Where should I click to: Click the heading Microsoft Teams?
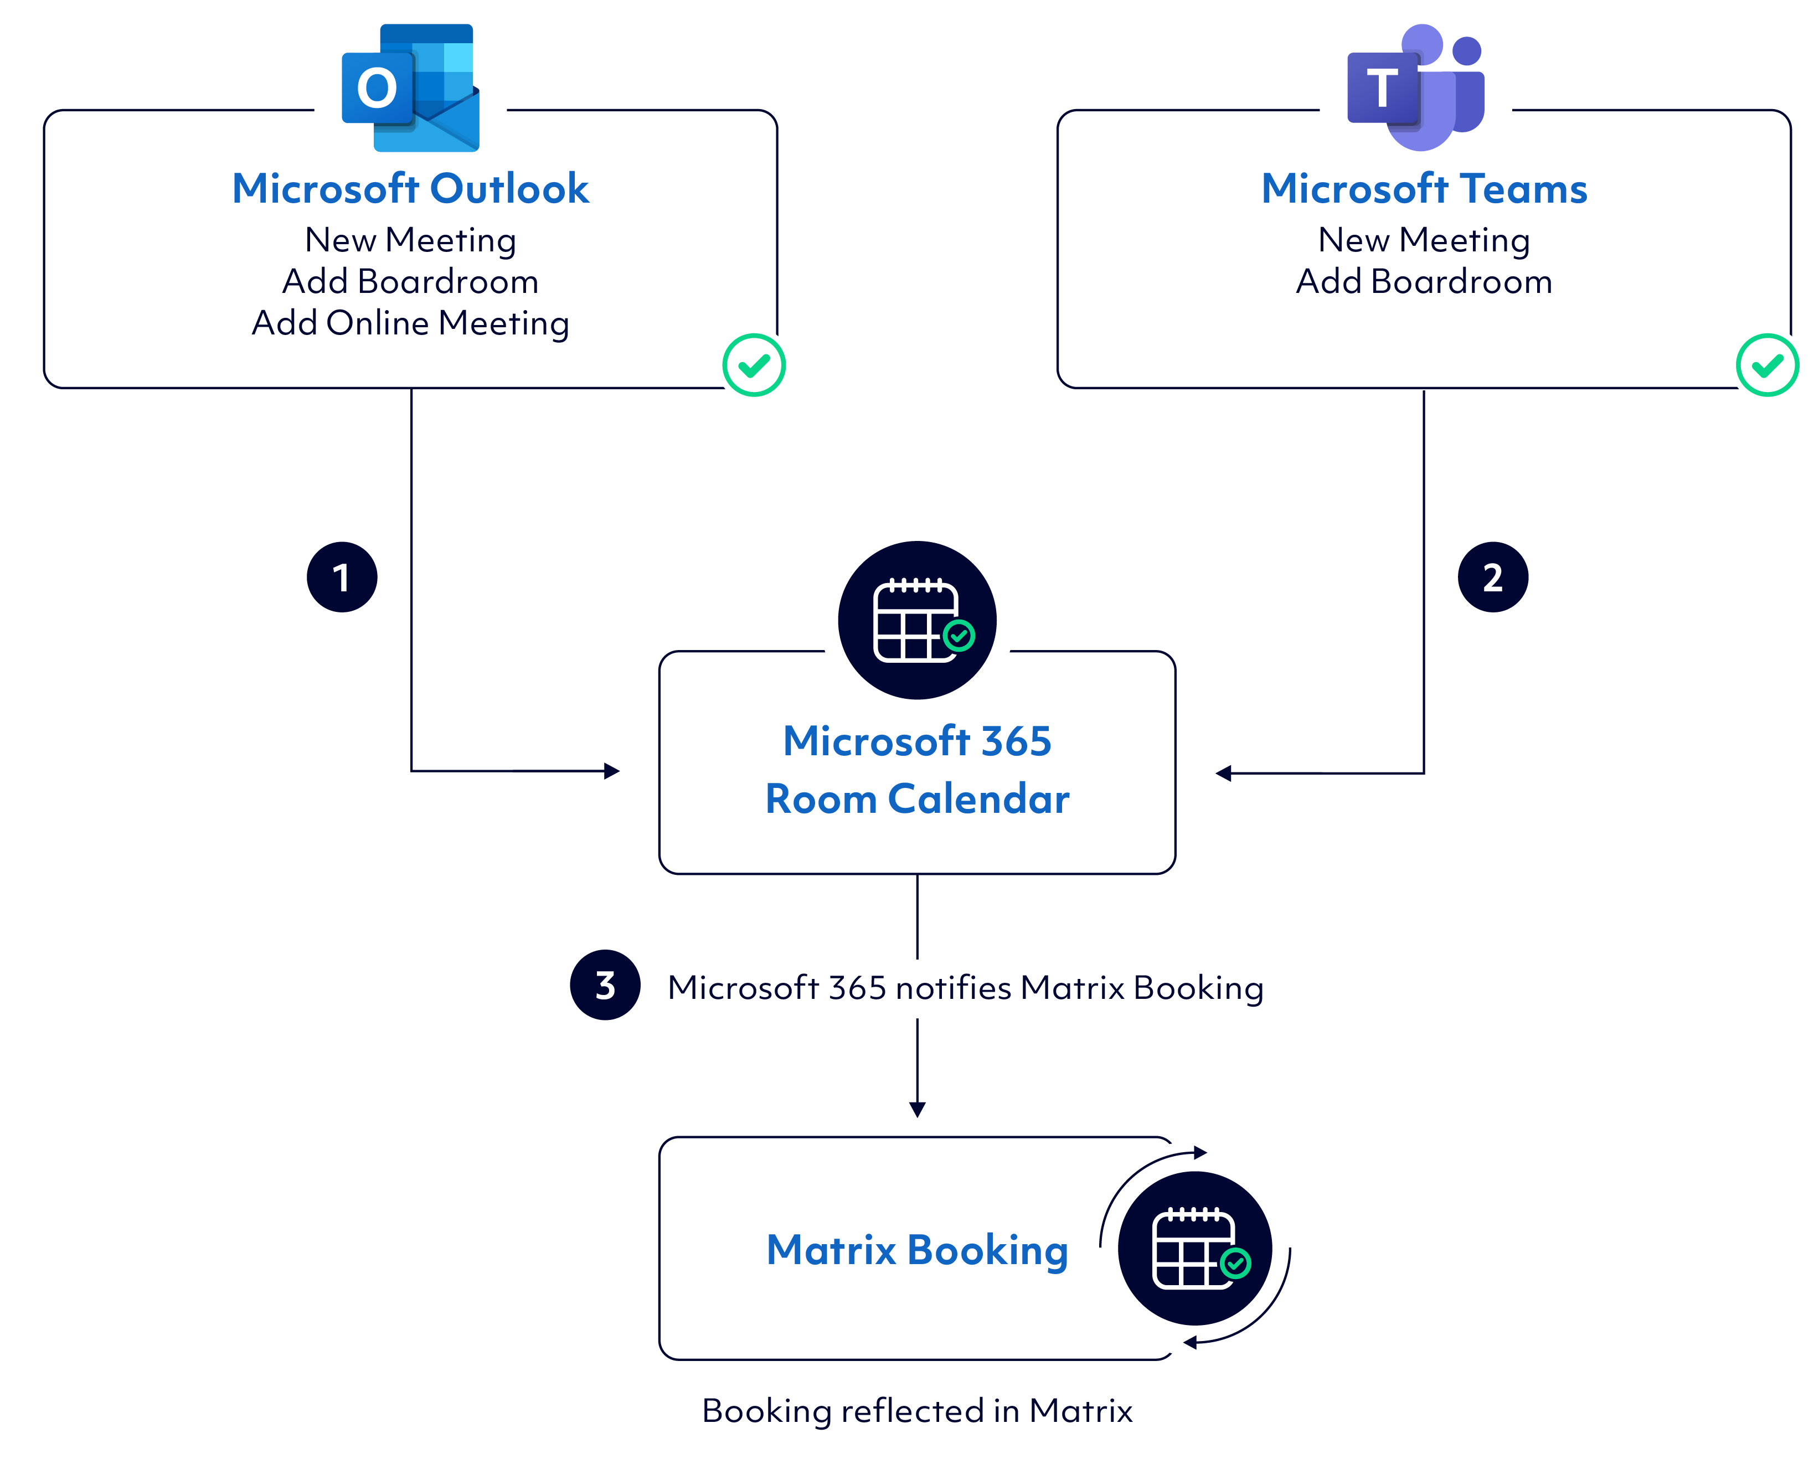[x=1424, y=188]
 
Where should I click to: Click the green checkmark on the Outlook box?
[x=754, y=365]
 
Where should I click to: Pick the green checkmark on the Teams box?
[x=1767, y=365]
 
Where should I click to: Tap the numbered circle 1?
[x=342, y=577]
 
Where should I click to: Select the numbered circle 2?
[x=1492, y=577]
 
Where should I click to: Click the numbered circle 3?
[x=605, y=985]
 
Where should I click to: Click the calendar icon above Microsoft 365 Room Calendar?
[x=917, y=620]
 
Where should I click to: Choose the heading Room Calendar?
[x=917, y=798]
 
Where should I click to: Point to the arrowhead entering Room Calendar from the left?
[x=612, y=770]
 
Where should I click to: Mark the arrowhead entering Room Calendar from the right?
[x=1223, y=773]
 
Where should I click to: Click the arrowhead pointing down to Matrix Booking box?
[x=917, y=1109]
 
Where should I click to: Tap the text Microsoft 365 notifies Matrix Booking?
[x=965, y=987]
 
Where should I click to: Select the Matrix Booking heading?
[x=917, y=1250]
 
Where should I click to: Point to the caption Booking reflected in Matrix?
[x=917, y=1411]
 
